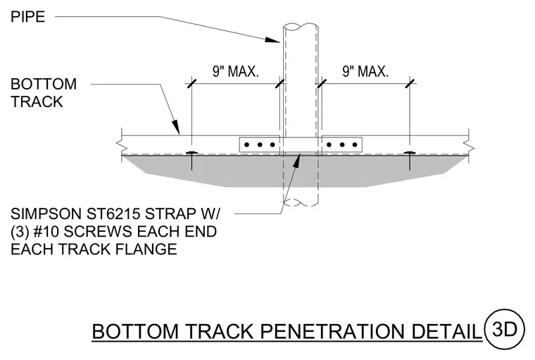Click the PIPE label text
click(27, 17)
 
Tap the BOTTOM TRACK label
click(44, 93)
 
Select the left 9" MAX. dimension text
click(236, 71)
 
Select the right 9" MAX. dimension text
click(365, 71)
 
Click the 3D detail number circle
click(504, 329)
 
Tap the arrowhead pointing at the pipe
click(272, 39)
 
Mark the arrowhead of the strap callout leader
click(296, 161)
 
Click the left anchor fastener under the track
click(191, 160)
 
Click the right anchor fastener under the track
click(410, 160)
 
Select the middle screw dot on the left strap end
click(260, 145)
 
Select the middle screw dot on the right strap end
click(342, 145)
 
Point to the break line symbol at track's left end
click(122, 145)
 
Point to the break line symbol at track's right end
click(469, 145)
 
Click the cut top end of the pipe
click(301, 27)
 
